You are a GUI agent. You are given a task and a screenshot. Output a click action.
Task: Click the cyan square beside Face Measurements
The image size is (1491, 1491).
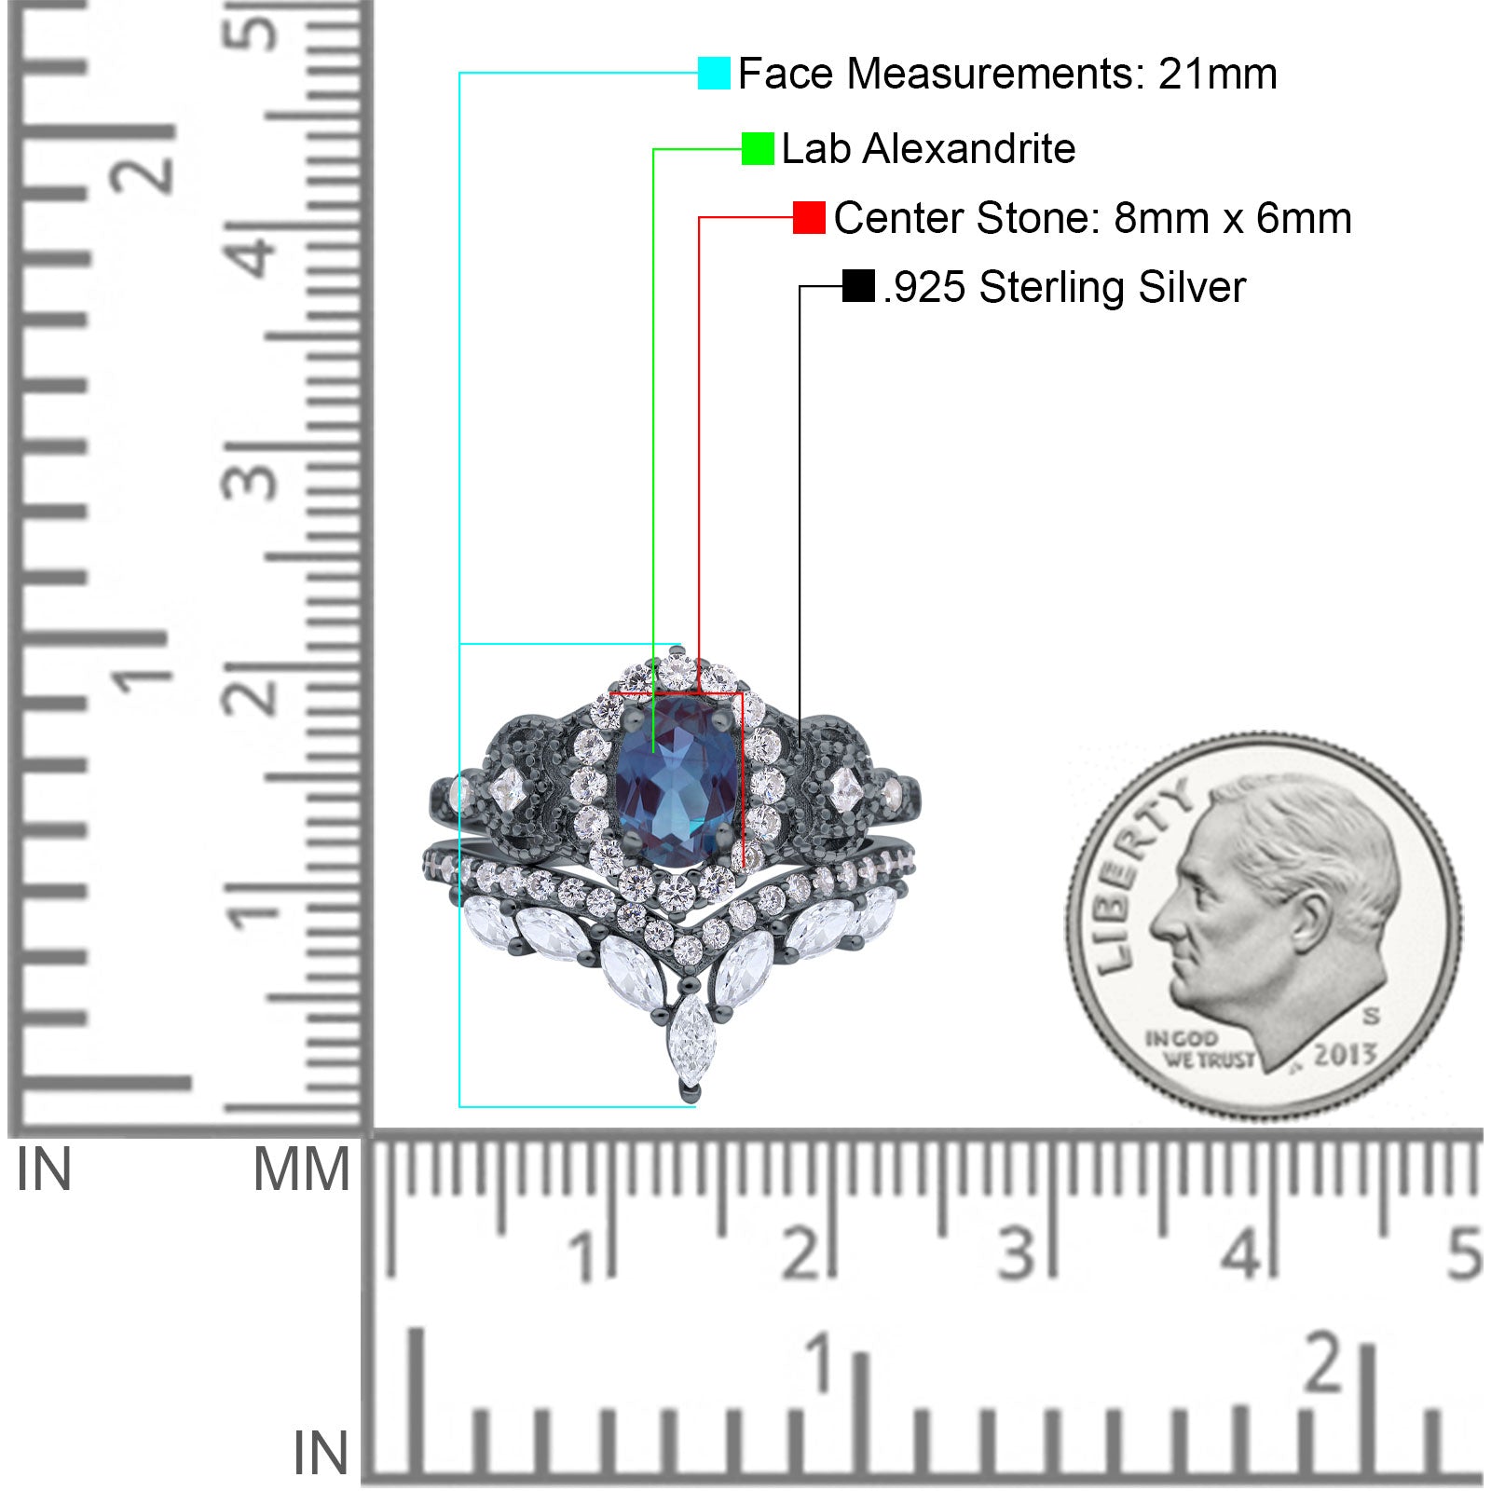pos(714,73)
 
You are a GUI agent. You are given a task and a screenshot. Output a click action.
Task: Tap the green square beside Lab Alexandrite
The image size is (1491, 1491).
pos(758,148)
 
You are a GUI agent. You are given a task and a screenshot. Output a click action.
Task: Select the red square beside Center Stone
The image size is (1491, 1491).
pos(809,218)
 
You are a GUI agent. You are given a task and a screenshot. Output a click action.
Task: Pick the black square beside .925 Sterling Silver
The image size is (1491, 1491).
pos(858,286)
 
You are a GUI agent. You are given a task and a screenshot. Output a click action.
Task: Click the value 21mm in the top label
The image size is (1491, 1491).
pos(1217,74)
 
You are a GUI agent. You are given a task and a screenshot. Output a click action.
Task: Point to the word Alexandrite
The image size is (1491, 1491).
pos(969,149)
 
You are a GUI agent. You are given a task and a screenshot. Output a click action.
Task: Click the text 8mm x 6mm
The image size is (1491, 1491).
pos(1232,218)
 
